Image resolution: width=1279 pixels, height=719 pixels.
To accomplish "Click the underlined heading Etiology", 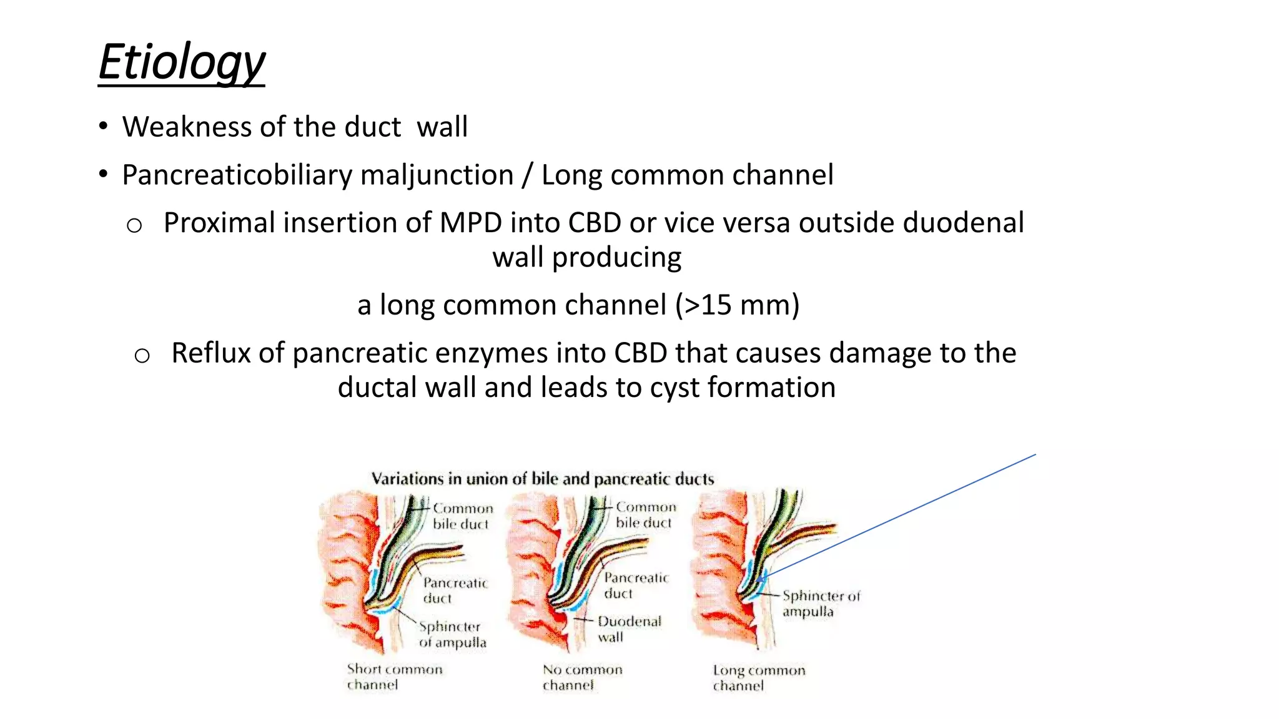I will tap(182, 62).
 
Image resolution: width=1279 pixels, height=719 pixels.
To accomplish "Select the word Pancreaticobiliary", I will tap(237, 175).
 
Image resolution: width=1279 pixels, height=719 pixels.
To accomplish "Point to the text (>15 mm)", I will tap(737, 306).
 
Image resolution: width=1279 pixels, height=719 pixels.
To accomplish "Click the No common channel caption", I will tap(582, 678).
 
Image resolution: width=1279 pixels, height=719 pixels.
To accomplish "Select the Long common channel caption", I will tap(758, 678).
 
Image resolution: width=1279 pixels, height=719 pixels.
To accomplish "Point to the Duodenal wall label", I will tap(628, 629).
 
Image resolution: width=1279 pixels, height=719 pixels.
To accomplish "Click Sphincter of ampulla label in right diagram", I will tap(820, 604).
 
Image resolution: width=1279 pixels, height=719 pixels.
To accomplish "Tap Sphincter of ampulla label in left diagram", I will tap(452, 634).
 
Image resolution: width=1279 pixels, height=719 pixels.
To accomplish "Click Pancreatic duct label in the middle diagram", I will tap(635, 585).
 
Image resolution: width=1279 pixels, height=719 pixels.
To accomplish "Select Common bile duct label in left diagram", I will tap(462, 516).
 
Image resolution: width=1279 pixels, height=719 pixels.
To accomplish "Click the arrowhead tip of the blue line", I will tap(759, 580).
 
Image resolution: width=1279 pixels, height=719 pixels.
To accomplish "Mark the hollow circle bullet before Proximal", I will tap(134, 225).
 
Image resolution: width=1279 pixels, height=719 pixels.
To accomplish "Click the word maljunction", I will tap(437, 175).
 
